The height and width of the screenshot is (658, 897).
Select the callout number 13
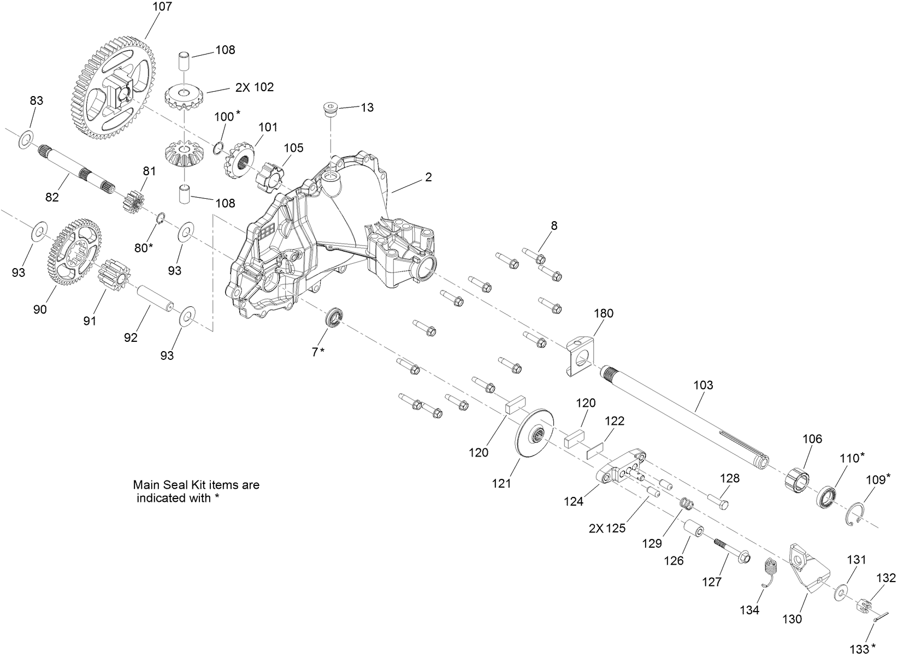(x=368, y=108)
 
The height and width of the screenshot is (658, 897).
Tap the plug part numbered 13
(x=330, y=110)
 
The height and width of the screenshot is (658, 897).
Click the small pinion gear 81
(x=132, y=201)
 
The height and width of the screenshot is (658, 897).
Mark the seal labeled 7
(x=333, y=318)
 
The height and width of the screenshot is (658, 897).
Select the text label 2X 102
(x=255, y=87)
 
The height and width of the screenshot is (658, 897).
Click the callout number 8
(x=554, y=226)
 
